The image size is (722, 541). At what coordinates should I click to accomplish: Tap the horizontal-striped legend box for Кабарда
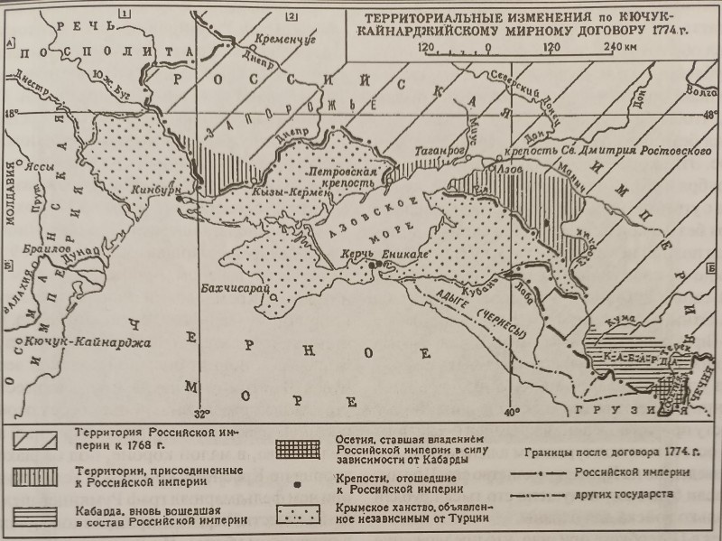pyautogui.click(x=37, y=514)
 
